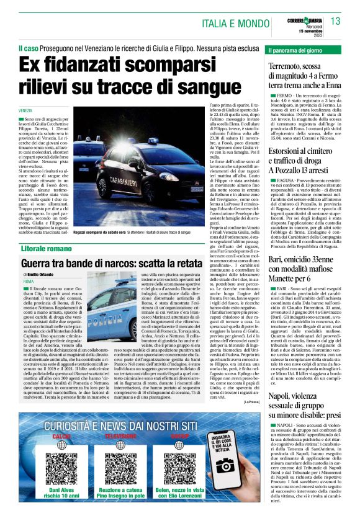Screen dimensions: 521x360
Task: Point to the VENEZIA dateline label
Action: [27, 110]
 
